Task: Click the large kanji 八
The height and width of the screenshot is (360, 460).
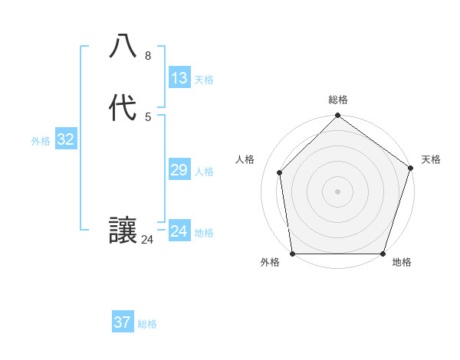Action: [123, 47]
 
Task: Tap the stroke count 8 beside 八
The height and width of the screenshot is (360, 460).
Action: [148, 56]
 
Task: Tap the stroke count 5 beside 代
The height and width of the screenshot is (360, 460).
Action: [148, 116]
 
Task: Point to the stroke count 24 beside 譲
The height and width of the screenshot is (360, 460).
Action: [148, 240]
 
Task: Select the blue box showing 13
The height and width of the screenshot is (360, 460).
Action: [179, 78]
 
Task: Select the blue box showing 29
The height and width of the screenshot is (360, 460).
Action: [179, 170]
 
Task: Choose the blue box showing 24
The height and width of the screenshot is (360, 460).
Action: [179, 231]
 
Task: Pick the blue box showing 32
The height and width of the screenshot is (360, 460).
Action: [65, 139]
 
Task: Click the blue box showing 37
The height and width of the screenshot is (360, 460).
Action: [123, 322]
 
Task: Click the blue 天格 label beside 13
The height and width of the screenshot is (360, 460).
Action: [204, 80]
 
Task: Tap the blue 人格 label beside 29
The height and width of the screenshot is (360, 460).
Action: [204, 172]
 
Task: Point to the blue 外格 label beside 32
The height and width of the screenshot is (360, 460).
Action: [41, 141]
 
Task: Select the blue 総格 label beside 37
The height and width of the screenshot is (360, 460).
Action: [147, 324]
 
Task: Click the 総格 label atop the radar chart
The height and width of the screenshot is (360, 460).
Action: [338, 100]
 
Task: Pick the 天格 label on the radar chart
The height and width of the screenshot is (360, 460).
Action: [431, 159]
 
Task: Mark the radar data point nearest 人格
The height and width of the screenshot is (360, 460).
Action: [280, 172]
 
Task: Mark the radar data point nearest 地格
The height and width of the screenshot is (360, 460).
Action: [383, 254]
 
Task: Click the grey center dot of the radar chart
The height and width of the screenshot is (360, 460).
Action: [338, 191]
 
